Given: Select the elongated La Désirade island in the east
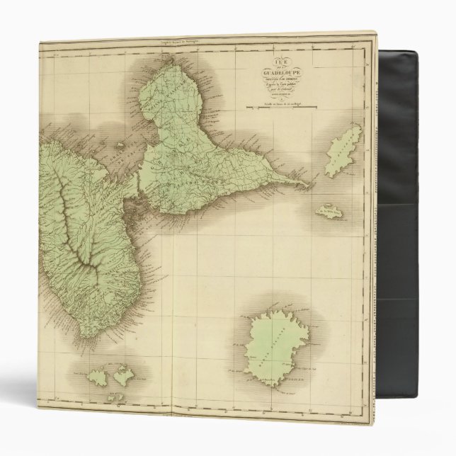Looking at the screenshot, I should [343, 151].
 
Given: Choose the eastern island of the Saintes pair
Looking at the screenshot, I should [123, 375].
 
